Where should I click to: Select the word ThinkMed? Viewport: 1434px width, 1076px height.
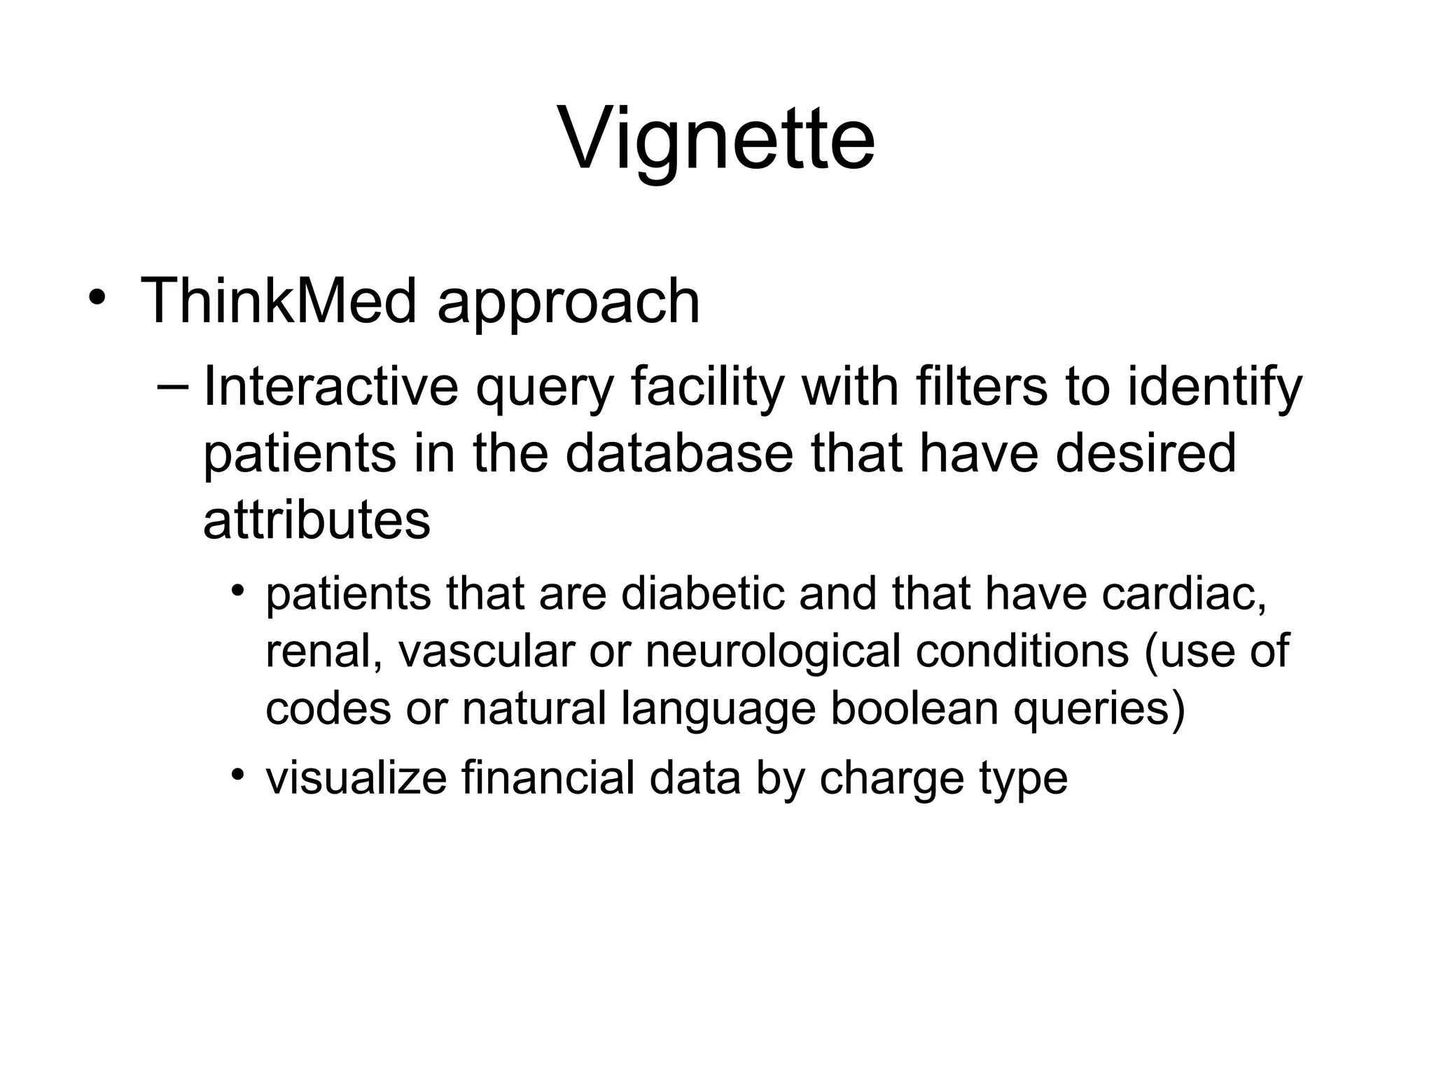(x=279, y=302)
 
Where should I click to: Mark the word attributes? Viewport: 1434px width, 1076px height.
(x=316, y=520)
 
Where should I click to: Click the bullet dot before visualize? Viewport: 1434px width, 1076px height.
(x=239, y=773)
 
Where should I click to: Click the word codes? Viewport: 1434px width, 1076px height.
(x=328, y=708)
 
